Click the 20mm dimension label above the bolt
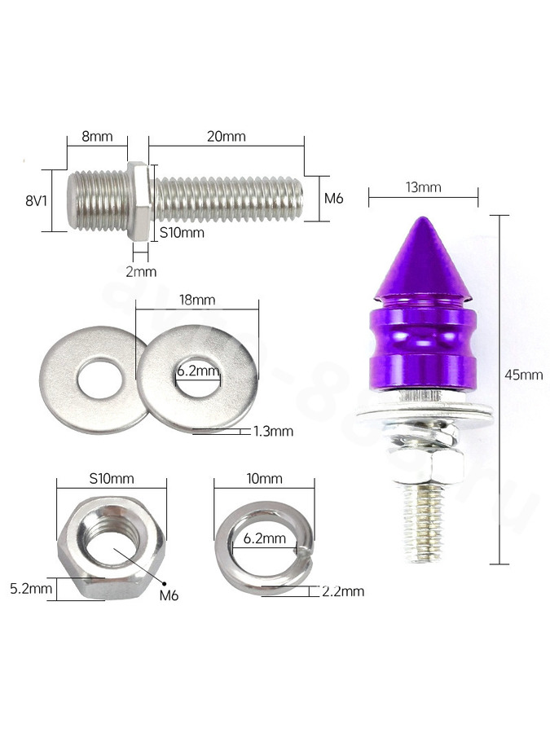[226, 136]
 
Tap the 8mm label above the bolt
[97, 136]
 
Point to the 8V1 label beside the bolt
[36, 201]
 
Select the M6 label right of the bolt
[334, 198]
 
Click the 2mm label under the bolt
[141, 271]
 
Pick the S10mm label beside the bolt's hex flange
[182, 232]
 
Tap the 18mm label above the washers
[197, 300]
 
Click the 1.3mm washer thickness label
[273, 431]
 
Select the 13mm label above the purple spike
[423, 187]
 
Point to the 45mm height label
[524, 375]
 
